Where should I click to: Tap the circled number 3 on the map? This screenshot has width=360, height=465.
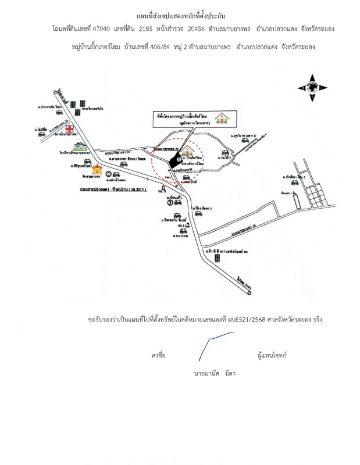click(170, 203)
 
